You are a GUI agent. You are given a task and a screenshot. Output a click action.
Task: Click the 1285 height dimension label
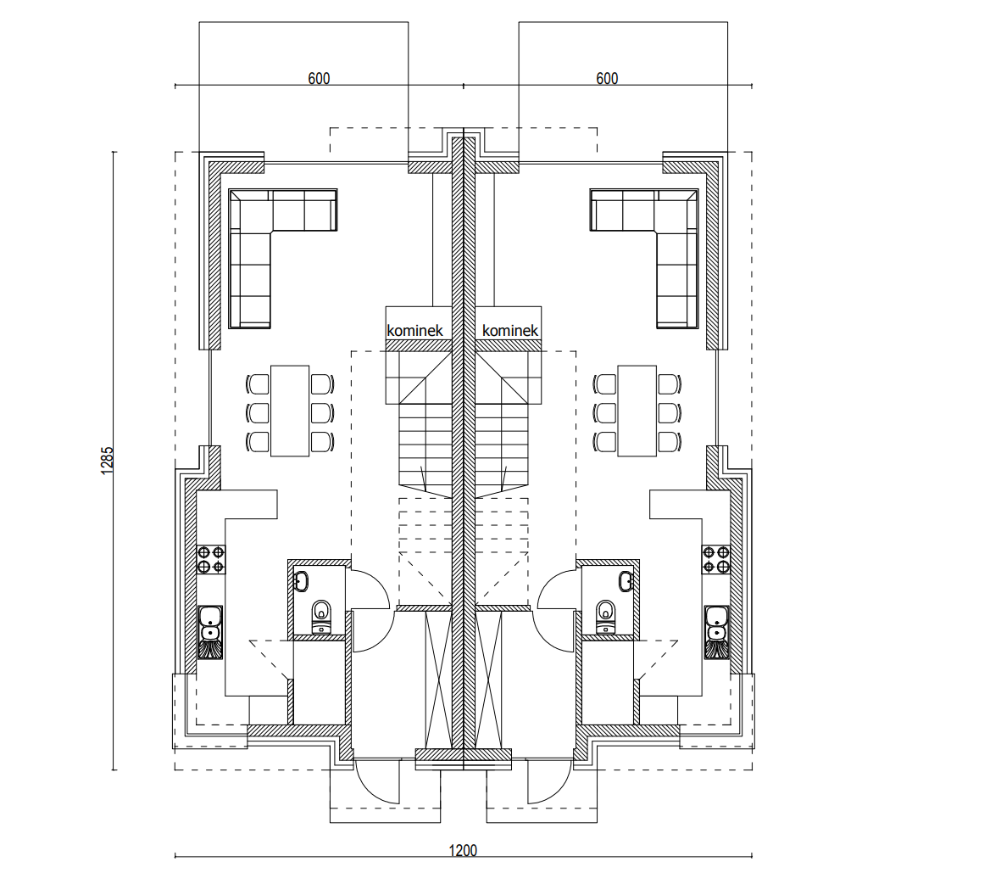(107, 460)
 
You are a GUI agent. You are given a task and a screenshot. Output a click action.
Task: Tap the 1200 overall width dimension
(463, 850)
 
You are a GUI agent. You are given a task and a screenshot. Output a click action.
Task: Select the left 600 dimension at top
(319, 78)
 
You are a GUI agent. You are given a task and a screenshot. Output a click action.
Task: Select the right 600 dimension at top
(607, 78)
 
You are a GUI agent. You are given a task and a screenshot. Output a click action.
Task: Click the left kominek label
(415, 331)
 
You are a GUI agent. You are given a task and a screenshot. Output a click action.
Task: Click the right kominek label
(510, 331)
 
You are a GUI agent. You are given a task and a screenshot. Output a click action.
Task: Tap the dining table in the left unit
(290, 411)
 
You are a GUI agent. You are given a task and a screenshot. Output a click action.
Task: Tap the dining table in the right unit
(637, 411)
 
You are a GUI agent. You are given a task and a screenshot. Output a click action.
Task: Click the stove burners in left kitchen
(211, 559)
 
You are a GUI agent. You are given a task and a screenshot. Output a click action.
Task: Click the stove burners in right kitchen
(716, 559)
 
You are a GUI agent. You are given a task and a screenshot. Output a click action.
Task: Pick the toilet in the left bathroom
(321, 616)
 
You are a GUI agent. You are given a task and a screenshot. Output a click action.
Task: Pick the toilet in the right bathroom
(606, 616)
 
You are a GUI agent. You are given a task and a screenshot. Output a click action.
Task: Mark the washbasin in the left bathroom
(301, 581)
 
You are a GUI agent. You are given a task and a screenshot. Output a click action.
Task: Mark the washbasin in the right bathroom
(626, 581)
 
